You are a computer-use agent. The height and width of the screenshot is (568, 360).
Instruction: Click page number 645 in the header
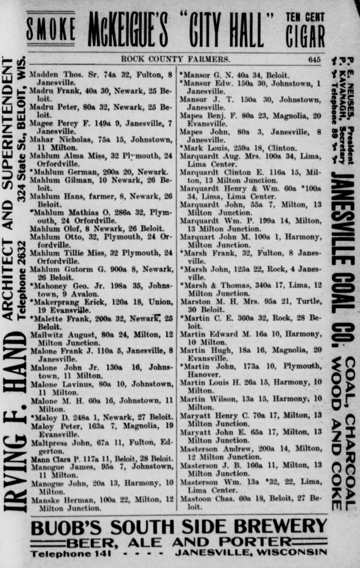click(x=314, y=59)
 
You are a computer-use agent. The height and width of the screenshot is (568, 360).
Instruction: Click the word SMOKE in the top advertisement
click(x=51, y=30)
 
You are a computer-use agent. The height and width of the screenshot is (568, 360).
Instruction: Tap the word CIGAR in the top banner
click(x=305, y=37)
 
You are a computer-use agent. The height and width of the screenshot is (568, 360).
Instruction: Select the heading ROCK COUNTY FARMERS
click(x=175, y=59)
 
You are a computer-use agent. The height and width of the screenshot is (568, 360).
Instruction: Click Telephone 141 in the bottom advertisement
click(x=70, y=554)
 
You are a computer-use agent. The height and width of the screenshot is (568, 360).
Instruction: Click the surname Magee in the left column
click(x=40, y=123)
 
